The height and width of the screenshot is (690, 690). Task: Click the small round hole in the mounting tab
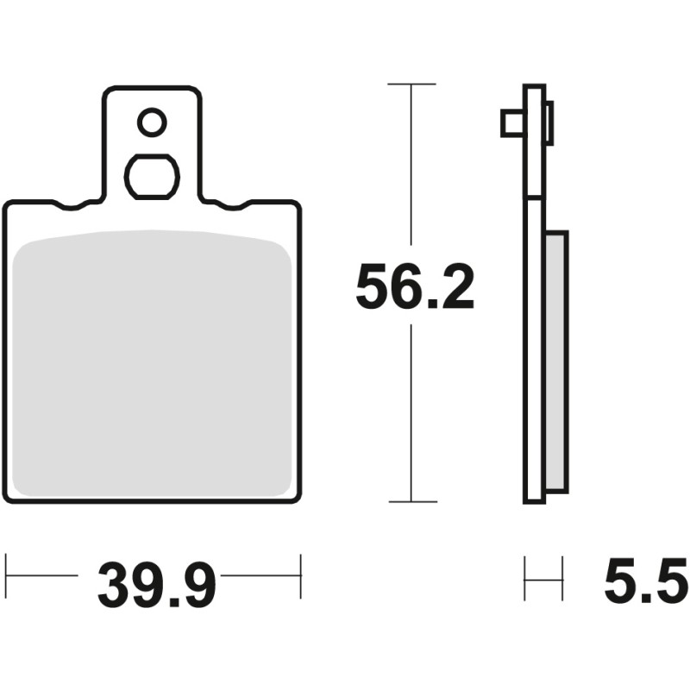click(x=152, y=122)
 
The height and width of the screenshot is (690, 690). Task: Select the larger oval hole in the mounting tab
click(x=152, y=177)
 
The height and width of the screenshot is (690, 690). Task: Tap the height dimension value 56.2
click(x=415, y=289)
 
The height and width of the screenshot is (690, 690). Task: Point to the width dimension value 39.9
click(x=156, y=586)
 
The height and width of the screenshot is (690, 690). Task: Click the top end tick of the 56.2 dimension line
click(x=411, y=85)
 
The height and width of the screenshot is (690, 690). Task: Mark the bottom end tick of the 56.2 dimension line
click(x=411, y=501)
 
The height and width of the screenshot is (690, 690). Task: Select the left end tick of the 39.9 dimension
click(x=7, y=577)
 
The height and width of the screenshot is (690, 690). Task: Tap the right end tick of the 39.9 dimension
click(x=300, y=577)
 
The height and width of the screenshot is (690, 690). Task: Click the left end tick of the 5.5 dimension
click(x=525, y=579)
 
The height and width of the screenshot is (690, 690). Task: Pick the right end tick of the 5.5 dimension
click(x=562, y=579)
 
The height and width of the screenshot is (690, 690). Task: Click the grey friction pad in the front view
click(x=154, y=362)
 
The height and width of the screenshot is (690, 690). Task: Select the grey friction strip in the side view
click(x=556, y=362)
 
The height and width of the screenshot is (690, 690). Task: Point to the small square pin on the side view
click(x=511, y=123)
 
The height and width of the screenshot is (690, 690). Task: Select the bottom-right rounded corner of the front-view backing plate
click(x=295, y=496)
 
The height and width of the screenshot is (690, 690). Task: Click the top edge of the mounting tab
click(x=152, y=87)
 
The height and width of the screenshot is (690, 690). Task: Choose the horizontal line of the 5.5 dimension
click(x=543, y=579)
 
